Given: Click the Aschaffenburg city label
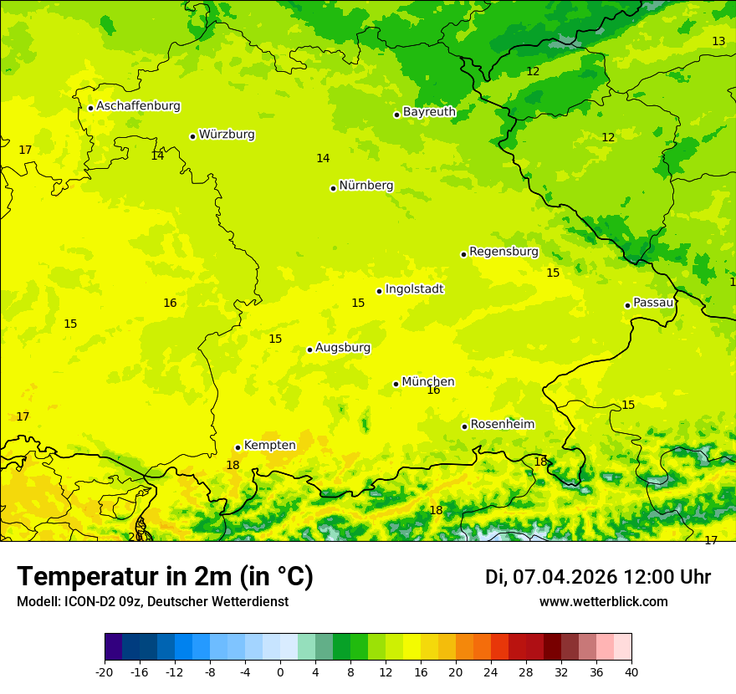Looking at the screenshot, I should click(138, 106).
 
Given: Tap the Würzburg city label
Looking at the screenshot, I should click(227, 135).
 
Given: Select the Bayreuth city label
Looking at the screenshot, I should click(429, 112).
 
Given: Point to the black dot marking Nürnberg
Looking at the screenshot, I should click(333, 188).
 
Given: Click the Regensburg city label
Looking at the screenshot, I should click(503, 252).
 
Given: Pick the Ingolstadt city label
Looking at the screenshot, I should click(414, 289).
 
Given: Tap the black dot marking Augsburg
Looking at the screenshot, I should click(309, 350).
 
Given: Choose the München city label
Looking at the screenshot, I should click(428, 382).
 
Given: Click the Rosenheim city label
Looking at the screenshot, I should click(502, 425).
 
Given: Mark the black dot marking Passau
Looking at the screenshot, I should click(627, 305).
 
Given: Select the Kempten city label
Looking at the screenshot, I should click(269, 446).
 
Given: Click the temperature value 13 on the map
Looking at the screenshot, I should click(718, 42).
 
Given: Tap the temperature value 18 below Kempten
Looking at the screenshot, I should click(233, 466).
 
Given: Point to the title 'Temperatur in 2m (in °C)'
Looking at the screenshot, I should click(165, 577).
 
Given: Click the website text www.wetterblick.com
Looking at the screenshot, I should click(603, 602).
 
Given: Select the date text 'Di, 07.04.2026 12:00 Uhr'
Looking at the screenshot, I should click(598, 577).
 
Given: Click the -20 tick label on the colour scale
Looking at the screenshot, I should click(105, 671).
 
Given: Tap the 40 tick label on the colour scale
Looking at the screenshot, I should click(631, 671).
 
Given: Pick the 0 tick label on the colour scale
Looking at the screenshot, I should click(280, 671).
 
